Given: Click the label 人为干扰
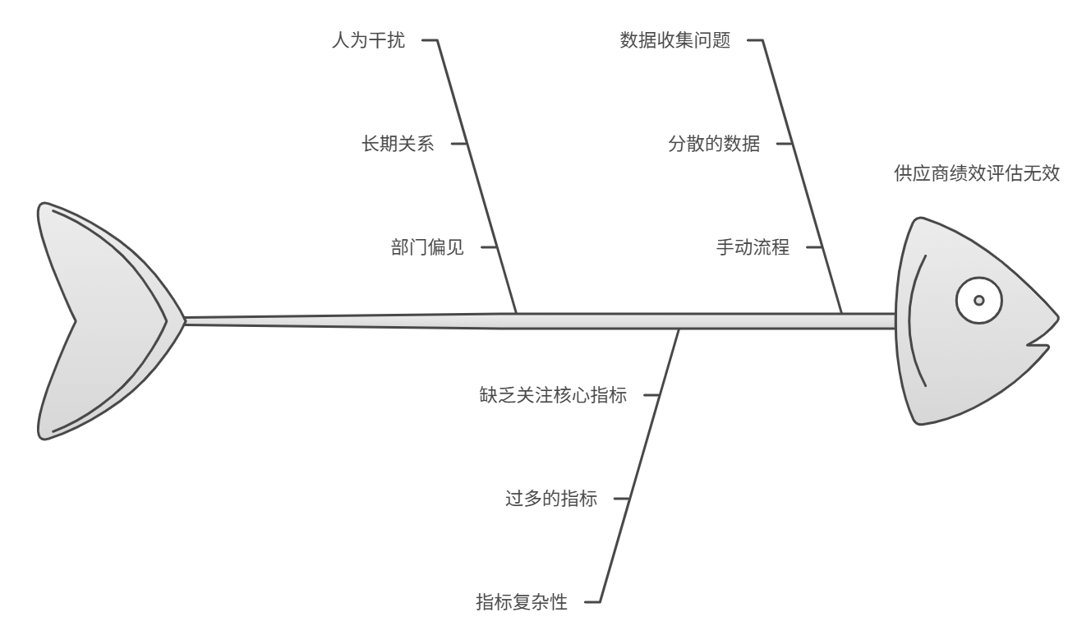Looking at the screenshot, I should (368, 40).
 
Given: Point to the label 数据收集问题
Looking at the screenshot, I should (674, 40).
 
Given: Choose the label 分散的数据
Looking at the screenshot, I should (713, 144).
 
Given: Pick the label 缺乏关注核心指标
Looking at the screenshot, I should (553, 395).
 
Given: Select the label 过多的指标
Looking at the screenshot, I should (550, 499).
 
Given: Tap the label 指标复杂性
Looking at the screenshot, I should (522, 602).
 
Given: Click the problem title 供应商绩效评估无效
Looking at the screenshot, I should (977, 173).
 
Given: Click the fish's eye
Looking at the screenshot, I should (978, 300).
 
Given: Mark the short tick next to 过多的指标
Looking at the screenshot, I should (622, 499).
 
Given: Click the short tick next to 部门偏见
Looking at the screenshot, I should (488, 247).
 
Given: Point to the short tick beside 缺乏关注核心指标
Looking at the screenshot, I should (651, 395).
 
